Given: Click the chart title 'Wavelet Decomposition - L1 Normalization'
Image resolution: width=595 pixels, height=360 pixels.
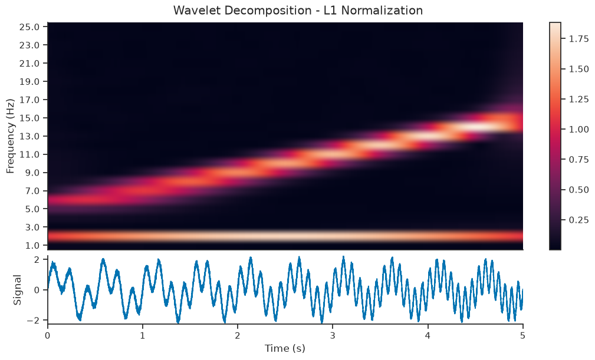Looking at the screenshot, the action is click(x=298, y=10).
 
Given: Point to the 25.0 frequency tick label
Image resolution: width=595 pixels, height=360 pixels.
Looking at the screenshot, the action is click(x=29, y=27).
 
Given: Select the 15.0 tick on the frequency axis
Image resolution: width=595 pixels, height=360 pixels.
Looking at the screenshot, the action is click(x=29, y=118).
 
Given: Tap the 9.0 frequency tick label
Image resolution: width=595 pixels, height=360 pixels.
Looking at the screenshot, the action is click(x=32, y=173).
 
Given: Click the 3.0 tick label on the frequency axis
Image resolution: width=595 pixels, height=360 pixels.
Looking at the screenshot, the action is click(x=32, y=227).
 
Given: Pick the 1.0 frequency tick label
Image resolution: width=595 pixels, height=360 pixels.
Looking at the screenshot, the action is click(x=32, y=245).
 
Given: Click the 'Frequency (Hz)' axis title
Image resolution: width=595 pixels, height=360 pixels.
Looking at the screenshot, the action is click(x=10, y=136).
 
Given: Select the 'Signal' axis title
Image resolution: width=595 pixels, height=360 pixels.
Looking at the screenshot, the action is click(x=17, y=290).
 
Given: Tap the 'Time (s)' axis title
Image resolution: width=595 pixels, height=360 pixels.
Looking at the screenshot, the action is click(x=285, y=348).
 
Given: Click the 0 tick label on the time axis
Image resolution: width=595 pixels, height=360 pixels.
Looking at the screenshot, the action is click(x=47, y=335).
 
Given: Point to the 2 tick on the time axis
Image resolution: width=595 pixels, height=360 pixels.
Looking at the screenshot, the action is click(x=238, y=335).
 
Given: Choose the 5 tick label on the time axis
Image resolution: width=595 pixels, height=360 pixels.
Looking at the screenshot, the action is click(x=523, y=335).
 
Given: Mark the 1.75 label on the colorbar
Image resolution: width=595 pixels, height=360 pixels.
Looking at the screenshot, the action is click(x=578, y=39).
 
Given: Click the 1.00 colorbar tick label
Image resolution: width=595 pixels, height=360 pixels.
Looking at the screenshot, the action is click(x=578, y=129).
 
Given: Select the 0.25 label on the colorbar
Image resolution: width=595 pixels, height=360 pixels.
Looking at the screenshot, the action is click(x=578, y=220).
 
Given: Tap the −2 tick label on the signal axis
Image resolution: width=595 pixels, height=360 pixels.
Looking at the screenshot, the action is click(x=34, y=320).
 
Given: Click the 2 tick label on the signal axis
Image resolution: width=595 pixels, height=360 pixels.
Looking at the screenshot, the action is click(x=37, y=260).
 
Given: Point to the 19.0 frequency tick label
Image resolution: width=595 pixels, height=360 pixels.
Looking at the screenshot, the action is click(x=29, y=81).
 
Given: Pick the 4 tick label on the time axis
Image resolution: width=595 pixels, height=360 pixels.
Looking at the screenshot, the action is click(x=428, y=335).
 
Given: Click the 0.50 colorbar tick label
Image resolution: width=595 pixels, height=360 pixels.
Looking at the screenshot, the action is click(x=578, y=190).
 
